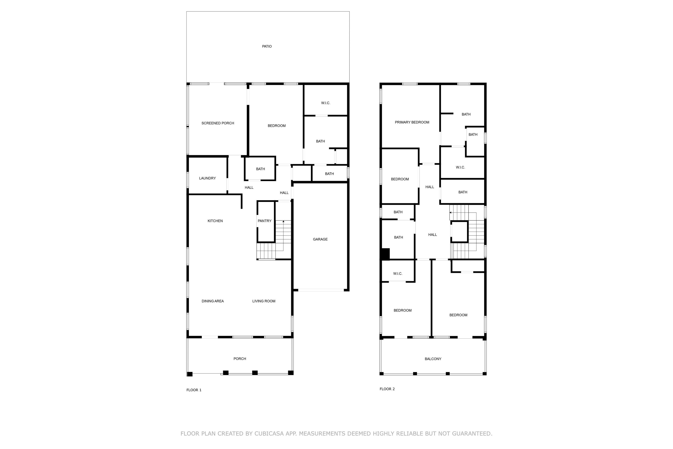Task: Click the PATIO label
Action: [x=267, y=46]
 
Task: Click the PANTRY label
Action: [x=264, y=221]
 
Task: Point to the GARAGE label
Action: [x=320, y=239]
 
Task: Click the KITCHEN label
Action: [x=215, y=221]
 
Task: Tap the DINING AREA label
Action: [x=213, y=301]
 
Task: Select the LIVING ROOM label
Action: [x=264, y=301]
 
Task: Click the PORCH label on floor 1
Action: [x=240, y=359]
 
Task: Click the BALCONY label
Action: [x=433, y=359]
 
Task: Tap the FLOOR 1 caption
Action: [x=194, y=390]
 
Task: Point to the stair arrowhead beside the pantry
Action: [x=283, y=221]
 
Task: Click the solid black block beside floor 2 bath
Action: [x=385, y=254]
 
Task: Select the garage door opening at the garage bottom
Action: [x=321, y=290]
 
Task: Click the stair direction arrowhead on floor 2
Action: [x=450, y=212]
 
